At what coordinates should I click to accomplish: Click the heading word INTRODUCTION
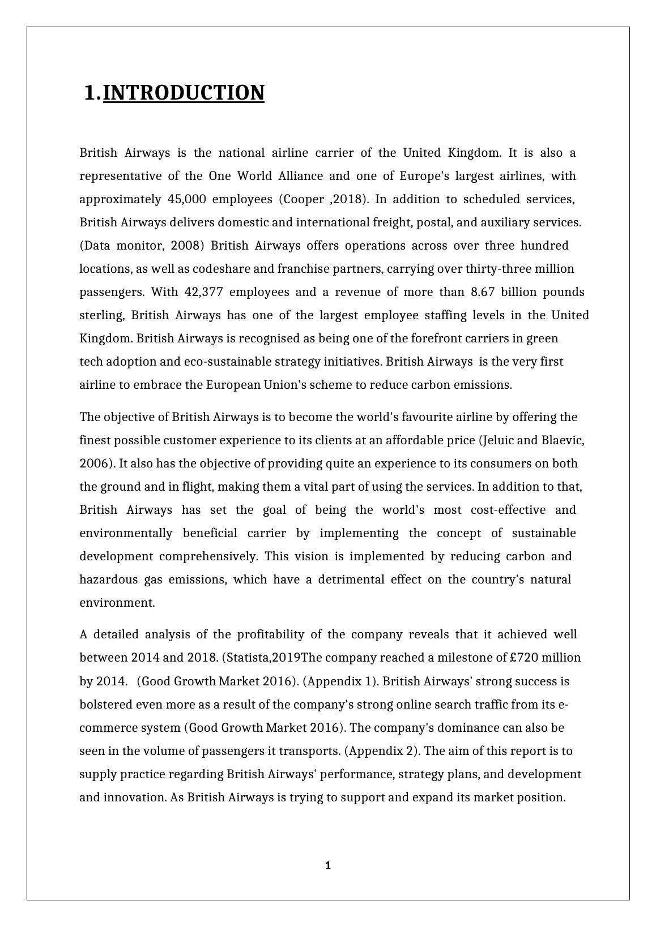tap(184, 93)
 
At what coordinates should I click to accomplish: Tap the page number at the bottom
tap(328, 865)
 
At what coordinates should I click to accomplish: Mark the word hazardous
tap(108, 580)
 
